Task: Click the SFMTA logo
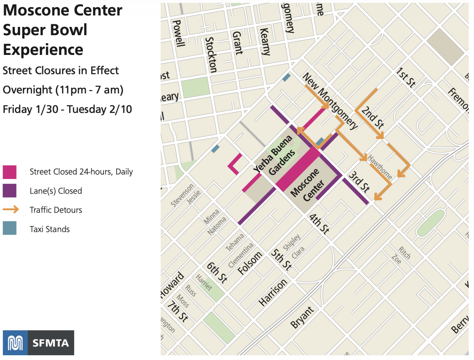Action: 38,342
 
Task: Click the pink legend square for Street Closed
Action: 9,172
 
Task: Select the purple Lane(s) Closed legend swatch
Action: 9,191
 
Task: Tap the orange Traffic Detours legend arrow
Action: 10,210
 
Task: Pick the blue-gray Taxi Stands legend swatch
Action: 9,229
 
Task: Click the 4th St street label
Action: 319,224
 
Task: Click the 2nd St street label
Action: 372,117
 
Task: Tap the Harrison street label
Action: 273,292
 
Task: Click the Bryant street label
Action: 302,317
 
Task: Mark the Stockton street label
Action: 211,55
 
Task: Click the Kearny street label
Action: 265,41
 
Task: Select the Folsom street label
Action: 250,263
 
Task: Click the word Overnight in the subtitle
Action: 27,90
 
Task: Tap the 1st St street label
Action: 406,77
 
